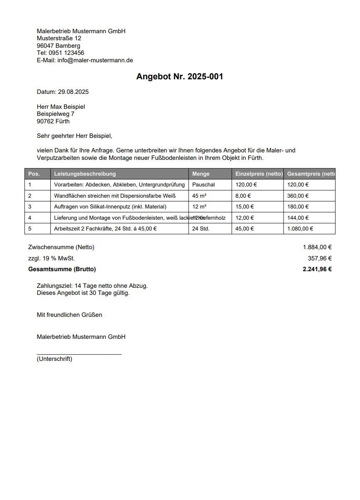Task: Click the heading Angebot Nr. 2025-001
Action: (x=179, y=76)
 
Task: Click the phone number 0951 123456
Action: (x=66, y=53)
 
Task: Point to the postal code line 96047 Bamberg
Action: (x=59, y=46)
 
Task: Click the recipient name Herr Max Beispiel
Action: (x=61, y=107)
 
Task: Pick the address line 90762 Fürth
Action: (x=53, y=121)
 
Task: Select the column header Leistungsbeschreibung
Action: (x=85, y=174)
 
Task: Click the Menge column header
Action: (x=201, y=174)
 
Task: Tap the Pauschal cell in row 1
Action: (x=203, y=184)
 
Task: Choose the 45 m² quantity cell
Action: (x=200, y=196)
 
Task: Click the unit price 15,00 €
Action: (x=245, y=206)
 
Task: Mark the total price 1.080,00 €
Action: (x=300, y=228)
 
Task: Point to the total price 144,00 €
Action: (x=298, y=218)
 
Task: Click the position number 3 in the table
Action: (x=30, y=206)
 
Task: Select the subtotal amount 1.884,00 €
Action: (x=317, y=247)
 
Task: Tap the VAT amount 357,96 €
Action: (x=320, y=258)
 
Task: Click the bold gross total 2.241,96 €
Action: (x=317, y=269)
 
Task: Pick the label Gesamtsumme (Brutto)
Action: (x=62, y=269)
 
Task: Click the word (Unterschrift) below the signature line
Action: (x=54, y=359)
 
